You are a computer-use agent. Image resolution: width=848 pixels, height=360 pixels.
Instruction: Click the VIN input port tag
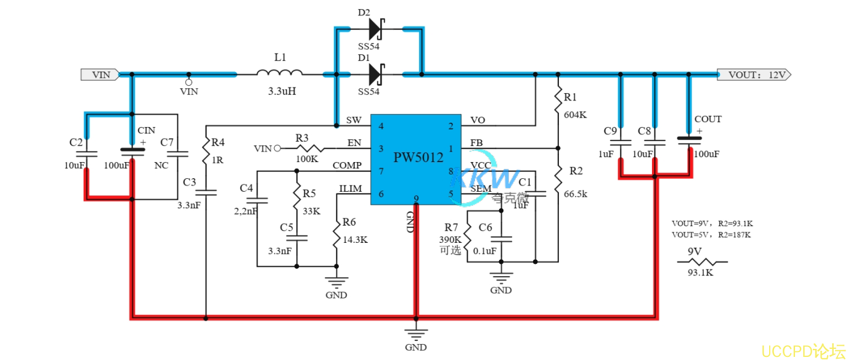[99, 75]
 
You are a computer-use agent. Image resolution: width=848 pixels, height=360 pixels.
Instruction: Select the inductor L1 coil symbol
[280, 74]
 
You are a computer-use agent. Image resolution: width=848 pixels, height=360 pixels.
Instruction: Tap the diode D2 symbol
[375, 28]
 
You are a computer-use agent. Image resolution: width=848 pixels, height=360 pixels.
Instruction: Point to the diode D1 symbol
[375, 75]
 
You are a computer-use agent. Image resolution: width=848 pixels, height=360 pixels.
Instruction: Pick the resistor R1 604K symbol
[558, 97]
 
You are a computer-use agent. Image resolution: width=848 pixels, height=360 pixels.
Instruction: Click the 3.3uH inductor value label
[282, 91]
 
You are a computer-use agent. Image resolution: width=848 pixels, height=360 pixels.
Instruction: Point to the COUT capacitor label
[707, 119]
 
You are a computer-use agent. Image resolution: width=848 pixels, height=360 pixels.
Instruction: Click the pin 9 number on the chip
[417, 198]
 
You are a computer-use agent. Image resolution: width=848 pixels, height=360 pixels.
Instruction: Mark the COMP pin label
[347, 165]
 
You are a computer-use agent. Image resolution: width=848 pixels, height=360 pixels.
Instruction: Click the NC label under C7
[162, 166]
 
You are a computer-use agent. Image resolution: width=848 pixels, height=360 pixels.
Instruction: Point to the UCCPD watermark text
[803, 351]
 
